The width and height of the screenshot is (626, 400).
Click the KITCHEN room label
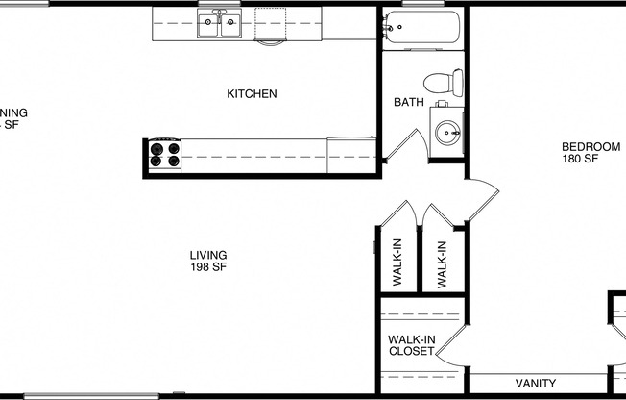tap(252, 94)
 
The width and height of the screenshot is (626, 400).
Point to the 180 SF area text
tap(580, 159)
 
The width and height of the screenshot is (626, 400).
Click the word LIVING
tap(207, 255)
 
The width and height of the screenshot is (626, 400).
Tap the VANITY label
tap(536, 383)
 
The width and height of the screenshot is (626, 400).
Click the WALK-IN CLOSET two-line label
tap(411, 345)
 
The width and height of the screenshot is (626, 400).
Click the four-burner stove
tap(163, 154)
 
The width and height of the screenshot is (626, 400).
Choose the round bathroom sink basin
tap(448, 133)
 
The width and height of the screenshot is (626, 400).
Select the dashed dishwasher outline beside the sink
tap(272, 26)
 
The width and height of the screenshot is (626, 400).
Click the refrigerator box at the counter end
tap(349, 155)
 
